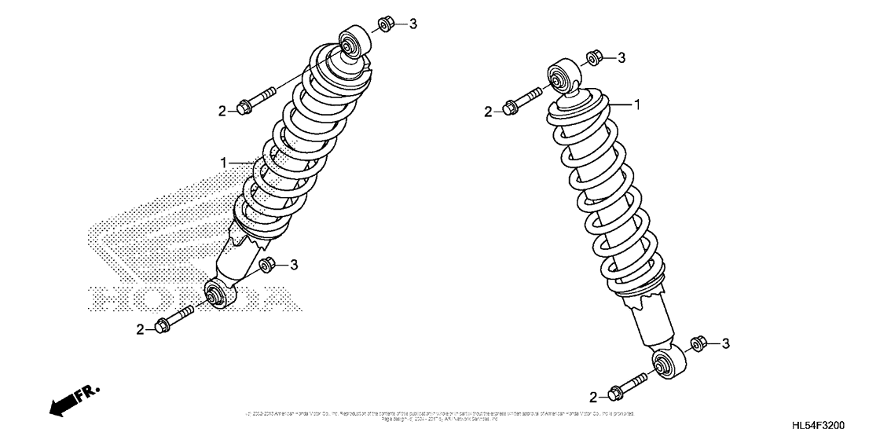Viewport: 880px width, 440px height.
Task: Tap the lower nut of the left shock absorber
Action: pyautogui.click(x=267, y=263)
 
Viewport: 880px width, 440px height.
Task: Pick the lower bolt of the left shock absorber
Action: pyautogui.click(x=175, y=319)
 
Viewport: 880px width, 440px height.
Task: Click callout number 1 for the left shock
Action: pyautogui.click(x=224, y=163)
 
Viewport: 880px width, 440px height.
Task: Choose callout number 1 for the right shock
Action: pyautogui.click(x=638, y=104)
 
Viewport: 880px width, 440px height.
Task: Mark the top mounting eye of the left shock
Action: pyautogui.click(x=352, y=42)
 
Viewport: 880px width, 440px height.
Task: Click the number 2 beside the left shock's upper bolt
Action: pyautogui.click(x=222, y=111)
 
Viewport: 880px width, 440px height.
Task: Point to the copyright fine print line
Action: pyautogui.click(x=440, y=414)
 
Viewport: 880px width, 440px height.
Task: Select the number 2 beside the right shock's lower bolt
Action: pyautogui.click(x=593, y=396)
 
